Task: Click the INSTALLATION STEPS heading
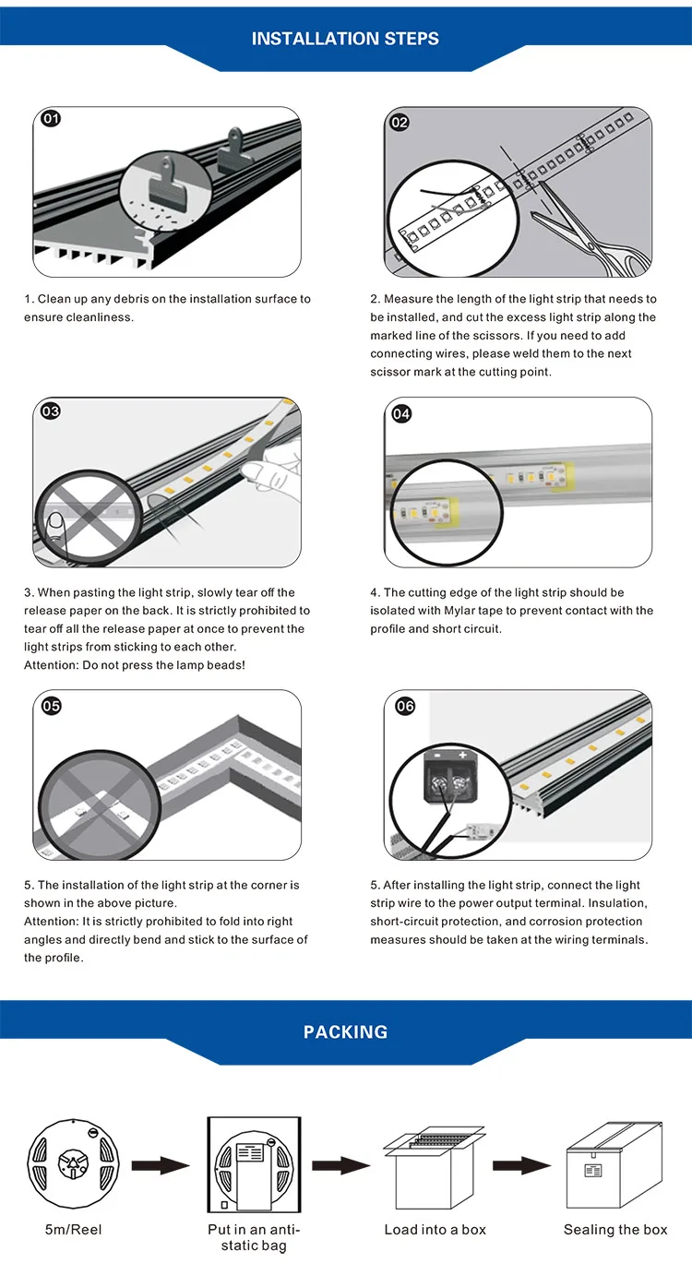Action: pyautogui.click(x=345, y=39)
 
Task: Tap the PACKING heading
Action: pyautogui.click(x=345, y=1031)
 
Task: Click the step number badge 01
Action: pyautogui.click(x=52, y=119)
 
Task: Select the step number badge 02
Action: pyautogui.click(x=400, y=122)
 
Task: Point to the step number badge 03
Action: pyautogui.click(x=51, y=411)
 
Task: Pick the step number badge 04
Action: pyautogui.click(x=401, y=414)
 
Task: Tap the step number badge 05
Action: pyautogui.click(x=52, y=706)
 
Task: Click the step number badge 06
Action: pyautogui.click(x=404, y=707)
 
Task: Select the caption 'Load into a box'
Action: pyautogui.click(x=435, y=1230)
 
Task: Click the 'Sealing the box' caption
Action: pyautogui.click(x=615, y=1230)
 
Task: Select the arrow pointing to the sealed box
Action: pyautogui.click(x=521, y=1166)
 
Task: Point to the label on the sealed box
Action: pyautogui.click(x=593, y=1171)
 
